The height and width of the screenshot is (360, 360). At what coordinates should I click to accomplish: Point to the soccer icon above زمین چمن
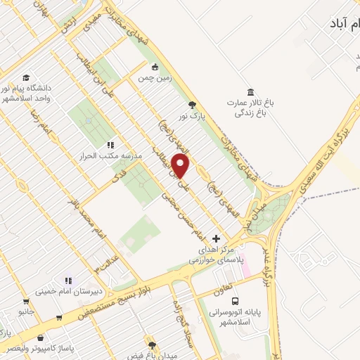pyautogui.click(x=155, y=68)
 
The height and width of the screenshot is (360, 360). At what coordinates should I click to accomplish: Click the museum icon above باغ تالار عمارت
pyautogui.click(x=250, y=92)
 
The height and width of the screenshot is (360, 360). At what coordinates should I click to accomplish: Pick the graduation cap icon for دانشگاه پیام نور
pyautogui.click(x=26, y=77)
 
